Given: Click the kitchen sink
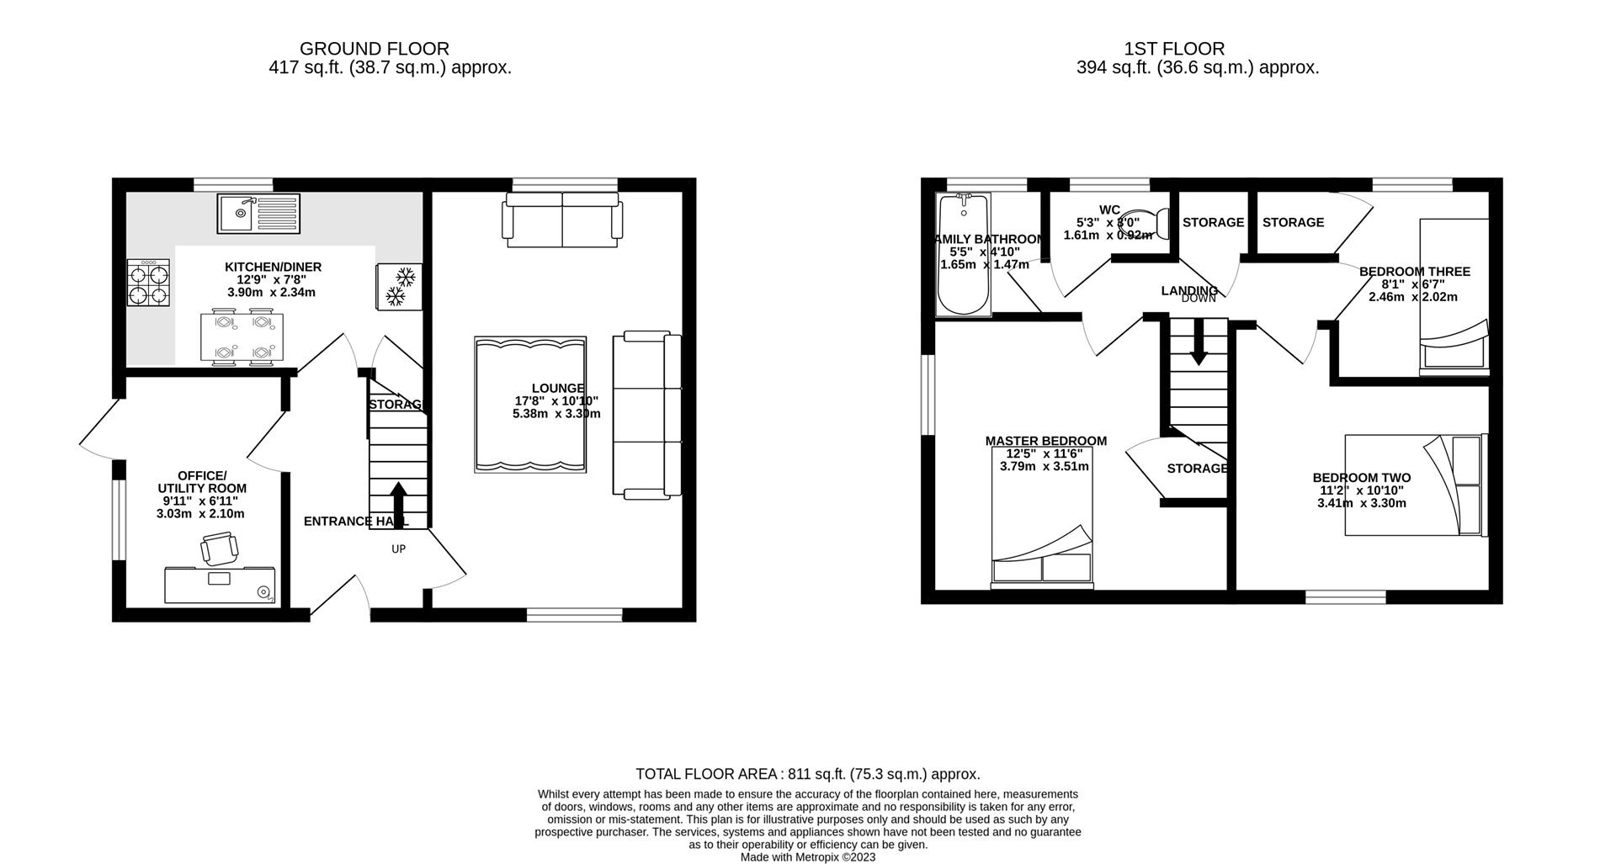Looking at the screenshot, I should pyautogui.click(x=258, y=213).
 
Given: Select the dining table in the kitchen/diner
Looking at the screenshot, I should pyautogui.click(x=242, y=337).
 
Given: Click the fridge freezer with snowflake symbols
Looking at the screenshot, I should pyautogui.click(x=399, y=286).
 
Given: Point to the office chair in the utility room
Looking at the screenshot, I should pyautogui.click(x=219, y=550).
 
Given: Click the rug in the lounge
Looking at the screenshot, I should pyautogui.click(x=530, y=405).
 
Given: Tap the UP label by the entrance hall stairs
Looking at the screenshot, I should pyautogui.click(x=398, y=549).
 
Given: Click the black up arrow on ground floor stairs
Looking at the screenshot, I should pyautogui.click(x=398, y=501).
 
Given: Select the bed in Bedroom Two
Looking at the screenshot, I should pyautogui.click(x=1414, y=485).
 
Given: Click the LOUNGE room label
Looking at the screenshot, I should pyautogui.click(x=557, y=389).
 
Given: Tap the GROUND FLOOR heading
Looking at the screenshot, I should pyautogui.click(x=374, y=50).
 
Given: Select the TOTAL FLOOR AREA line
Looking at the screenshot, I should pyautogui.click(x=807, y=774).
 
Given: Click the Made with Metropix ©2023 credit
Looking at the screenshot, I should pyautogui.click(x=807, y=857).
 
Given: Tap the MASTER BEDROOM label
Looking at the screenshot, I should pyautogui.click(x=1045, y=441).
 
